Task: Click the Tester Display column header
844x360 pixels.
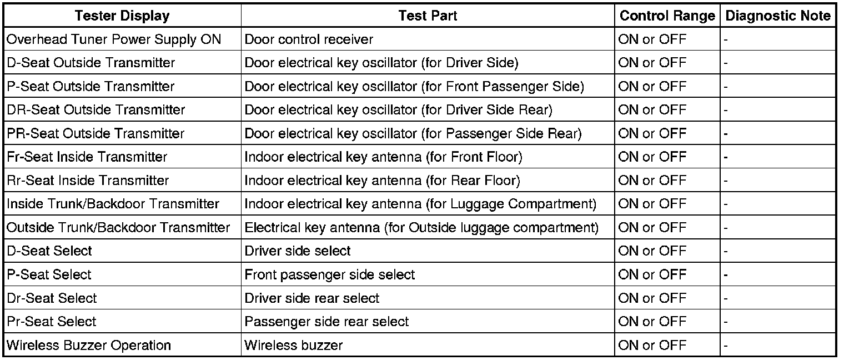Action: click(x=122, y=16)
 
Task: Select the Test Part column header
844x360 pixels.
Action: click(x=428, y=16)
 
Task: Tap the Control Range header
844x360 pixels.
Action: click(x=667, y=16)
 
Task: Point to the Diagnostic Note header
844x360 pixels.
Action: click(x=778, y=16)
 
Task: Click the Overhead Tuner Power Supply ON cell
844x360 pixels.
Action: click(x=114, y=39)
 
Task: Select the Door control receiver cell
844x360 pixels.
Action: click(x=309, y=39)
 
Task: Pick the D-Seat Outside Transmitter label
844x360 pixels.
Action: click(x=91, y=63)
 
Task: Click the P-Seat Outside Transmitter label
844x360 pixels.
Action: click(x=91, y=87)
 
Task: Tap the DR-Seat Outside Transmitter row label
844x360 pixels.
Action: click(x=96, y=110)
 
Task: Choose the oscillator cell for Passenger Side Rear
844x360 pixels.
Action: click(x=413, y=133)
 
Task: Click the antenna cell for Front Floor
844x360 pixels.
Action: click(x=383, y=157)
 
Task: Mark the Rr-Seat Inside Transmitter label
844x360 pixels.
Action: click(x=88, y=181)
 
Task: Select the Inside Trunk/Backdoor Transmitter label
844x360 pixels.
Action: click(x=113, y=204)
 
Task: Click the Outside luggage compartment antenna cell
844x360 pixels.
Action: click(x=421, y=228)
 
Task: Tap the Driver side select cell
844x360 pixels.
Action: click(x=298, y=251)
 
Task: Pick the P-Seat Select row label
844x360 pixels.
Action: click(x=49, y=274)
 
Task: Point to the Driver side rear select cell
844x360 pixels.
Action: click(x=312, y=298)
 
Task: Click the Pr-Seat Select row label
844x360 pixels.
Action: click(x=52, y=322)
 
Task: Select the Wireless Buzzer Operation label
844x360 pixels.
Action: click(x=89, y=345)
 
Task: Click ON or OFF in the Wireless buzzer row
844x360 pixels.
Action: click(x=652, y=345)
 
